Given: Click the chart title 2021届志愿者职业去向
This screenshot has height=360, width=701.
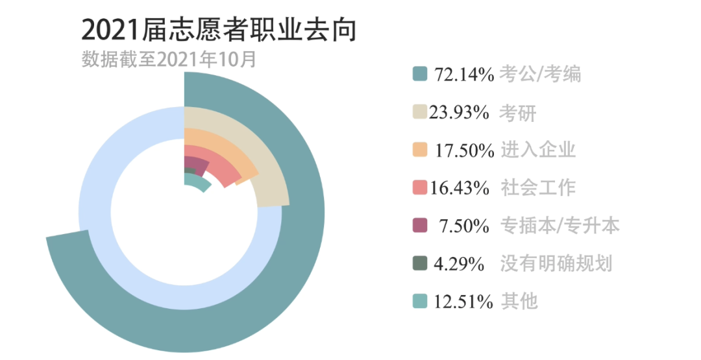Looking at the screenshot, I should click(x=219, y=30).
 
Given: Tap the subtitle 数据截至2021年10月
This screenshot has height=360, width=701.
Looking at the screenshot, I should click(x=169, y=60).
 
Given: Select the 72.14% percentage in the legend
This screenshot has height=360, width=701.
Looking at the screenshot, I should click(x=464, y=75).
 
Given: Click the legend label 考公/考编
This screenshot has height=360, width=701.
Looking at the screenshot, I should click(x=540, y=75).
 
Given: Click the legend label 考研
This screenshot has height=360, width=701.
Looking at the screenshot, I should click(x=518, y=113).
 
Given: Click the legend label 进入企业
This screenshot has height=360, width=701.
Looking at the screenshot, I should click(x=538, y=150).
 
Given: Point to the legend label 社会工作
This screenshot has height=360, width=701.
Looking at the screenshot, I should click(x=538, y=188).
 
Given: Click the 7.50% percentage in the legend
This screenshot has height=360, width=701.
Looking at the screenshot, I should click(x=464, y=226).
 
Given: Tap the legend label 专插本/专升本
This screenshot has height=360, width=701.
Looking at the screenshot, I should click(x=560, y=226).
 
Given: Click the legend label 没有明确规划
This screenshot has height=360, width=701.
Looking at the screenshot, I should click(x=556, y=264).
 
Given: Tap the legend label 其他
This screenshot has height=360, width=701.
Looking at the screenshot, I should click(x=519, y=302).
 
